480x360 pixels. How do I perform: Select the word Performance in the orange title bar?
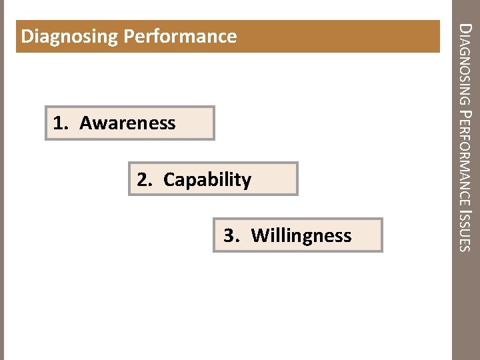point(179,36)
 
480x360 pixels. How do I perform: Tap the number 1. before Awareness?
point(62,123)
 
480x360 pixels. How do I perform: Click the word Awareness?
point(127,123)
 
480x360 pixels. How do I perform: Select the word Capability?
point(207,180)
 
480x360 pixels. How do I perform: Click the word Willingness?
point(301,236)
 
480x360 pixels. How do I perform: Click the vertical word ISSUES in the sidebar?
point(467,231)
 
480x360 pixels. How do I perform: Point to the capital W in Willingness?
point(259,236)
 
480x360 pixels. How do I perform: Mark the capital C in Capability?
point(169,180)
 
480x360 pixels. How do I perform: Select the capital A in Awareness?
point(85,123)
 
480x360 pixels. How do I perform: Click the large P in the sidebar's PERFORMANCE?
point(467,117)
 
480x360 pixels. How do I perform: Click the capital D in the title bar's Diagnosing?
point(27,36)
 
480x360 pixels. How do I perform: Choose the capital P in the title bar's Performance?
point(129,36)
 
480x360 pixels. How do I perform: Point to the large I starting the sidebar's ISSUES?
point(467,210)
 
